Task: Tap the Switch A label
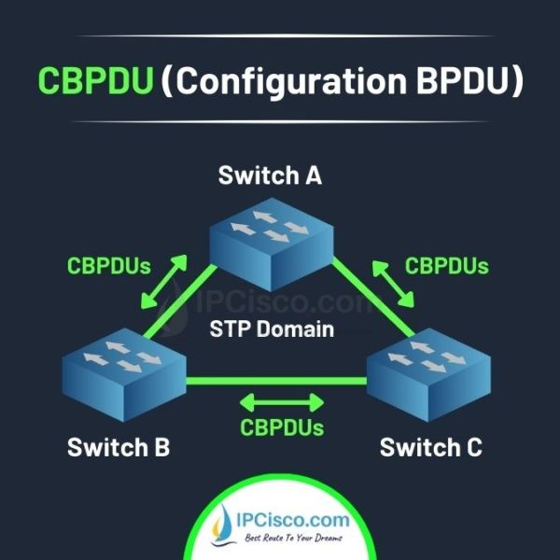coord(270,175)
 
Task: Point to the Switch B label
coord(119,447)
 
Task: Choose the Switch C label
coord(430,447)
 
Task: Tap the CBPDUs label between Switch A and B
coord(109,265)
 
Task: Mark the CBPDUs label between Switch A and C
coord(446,265)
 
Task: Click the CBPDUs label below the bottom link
coord(282,428)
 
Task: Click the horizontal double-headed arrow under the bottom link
coord(281,402)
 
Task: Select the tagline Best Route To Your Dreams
coord(291,539)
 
